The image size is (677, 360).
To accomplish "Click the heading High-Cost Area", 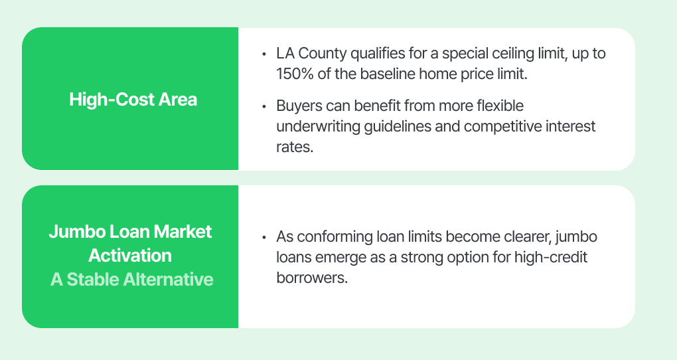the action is [133, 100].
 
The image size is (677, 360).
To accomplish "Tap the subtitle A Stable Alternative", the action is [131, 279].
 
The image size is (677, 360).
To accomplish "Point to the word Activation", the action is [130, 256].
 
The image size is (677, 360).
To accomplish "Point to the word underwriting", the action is [318, 127].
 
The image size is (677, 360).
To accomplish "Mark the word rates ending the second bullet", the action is [295, 147].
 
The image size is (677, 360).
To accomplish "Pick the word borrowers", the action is [312, 278].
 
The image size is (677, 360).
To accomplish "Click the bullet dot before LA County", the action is [263, 54].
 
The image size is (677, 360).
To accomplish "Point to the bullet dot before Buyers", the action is [263, 106].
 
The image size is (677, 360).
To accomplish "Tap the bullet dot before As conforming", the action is [263, 237].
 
